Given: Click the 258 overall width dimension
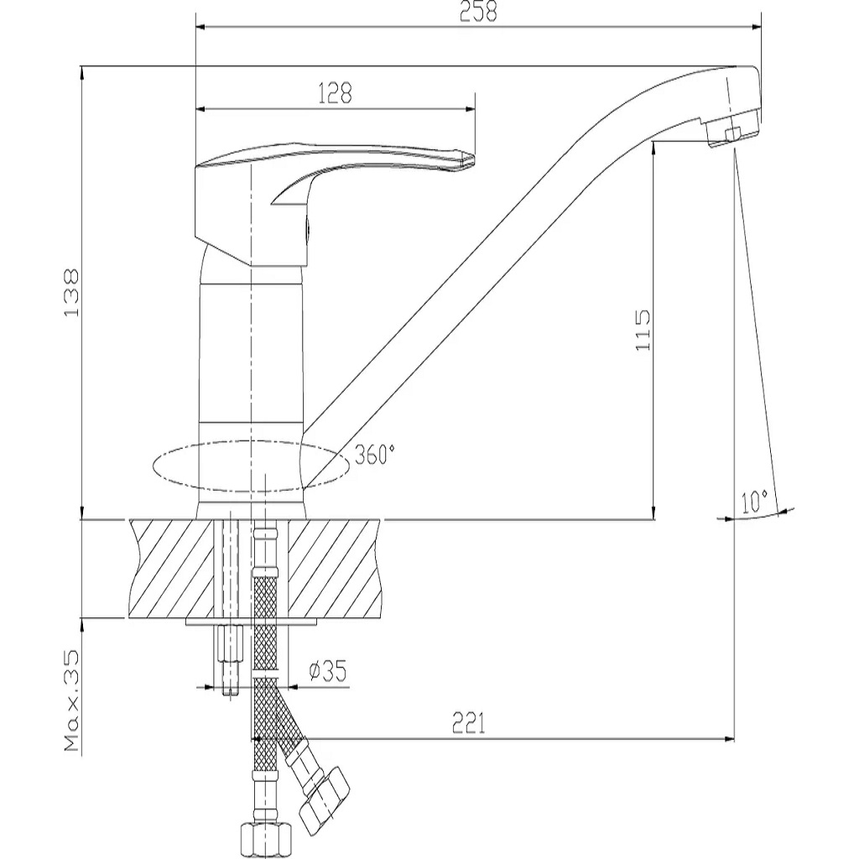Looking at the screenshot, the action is (477, 12).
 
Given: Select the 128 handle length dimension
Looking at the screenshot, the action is (335, 93).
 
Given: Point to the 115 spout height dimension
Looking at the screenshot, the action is (642, 330).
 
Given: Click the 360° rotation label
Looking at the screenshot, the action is (375, 455).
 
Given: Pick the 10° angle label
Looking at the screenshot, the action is (754, 502).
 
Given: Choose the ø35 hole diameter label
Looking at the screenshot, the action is (328, 671).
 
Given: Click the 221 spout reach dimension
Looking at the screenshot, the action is (468, 723).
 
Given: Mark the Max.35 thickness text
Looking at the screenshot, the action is (71, 701).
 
